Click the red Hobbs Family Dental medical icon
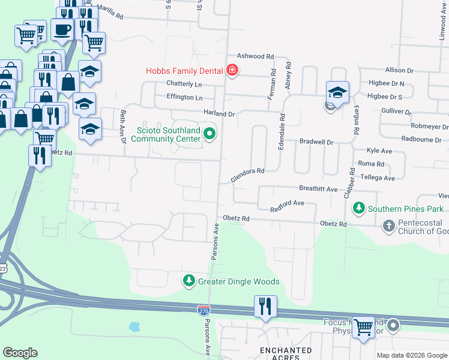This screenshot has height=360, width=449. point(232,71)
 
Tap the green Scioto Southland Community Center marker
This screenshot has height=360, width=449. point(209,133)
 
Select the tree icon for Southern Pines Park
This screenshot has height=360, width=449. point(359,208)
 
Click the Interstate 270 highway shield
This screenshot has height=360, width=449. point(204,310)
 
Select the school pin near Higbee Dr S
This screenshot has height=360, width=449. point(337,93)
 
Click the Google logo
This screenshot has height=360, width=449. point(20,353)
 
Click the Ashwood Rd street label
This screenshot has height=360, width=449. point(255,55)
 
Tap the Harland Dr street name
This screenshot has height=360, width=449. point(218,113)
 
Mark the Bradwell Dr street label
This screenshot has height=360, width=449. point(316,142)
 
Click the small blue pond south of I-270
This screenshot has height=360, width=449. point(134,327)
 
